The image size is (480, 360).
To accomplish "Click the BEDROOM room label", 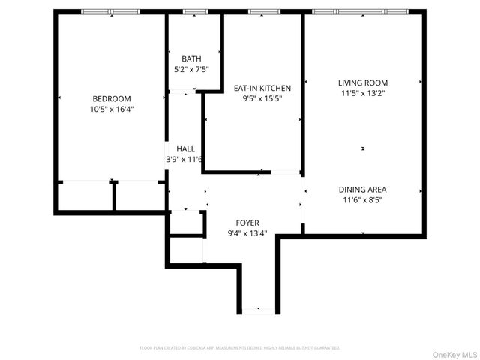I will click(112, 98).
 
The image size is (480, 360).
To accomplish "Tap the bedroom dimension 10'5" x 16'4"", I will click(112, 109).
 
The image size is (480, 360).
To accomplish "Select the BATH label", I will click(191, 58).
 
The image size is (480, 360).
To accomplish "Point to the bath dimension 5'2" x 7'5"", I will click(191, 69).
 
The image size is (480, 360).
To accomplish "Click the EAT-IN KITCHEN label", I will click(262, 88).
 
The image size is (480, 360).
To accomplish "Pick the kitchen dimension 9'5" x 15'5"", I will click(262, 98).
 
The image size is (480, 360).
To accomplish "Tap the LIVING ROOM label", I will click(363, 82).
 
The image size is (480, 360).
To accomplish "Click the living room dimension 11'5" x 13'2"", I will click(363, 93).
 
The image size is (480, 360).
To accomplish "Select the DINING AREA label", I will click(363, 190).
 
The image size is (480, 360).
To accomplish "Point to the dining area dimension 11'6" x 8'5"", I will click(363, 200).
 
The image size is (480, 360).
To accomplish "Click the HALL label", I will click(185, 148).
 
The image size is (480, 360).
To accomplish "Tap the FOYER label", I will click(247, 223).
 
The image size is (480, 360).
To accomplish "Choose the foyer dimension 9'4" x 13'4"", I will click(247, 233).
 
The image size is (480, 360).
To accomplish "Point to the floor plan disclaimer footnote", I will click(240, 348).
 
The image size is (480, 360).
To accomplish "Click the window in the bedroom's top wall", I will click(109, 12).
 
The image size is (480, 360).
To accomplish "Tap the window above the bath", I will click(195, 12).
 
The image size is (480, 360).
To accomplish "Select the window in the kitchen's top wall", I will click(264, 12).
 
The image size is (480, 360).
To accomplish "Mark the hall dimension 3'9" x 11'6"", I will click(185, 159).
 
